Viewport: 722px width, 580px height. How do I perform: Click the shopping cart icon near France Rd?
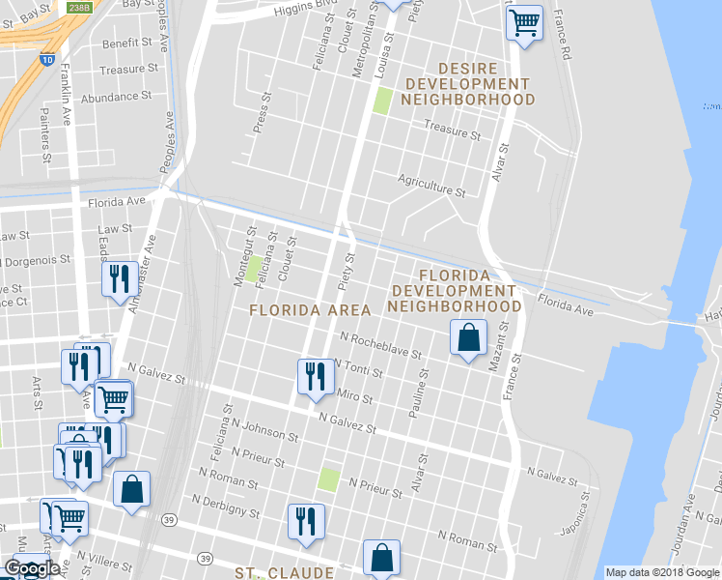[x=524, y=21]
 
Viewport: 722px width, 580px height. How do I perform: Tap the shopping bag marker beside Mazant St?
[x=468, y=338]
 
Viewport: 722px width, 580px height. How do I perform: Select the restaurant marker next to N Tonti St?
[x=314, y=376]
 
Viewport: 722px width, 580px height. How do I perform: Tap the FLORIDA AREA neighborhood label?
[x=310, y=310]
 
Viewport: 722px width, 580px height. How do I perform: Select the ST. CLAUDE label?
[x=284, y=572]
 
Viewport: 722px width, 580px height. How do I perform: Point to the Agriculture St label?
[x=431, y=184]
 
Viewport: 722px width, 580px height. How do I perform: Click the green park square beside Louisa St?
[x=382, y=101]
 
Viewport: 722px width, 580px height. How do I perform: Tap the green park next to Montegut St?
[x=253, y=269]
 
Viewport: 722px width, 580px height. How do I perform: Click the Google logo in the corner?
[x=32, y=568]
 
